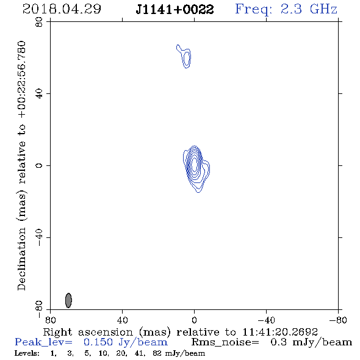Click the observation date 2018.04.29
click(x=62, y=9)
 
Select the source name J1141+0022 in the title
click(x=175, y=10)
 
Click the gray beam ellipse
click(x=68, y=300)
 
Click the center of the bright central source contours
click(x=195, y=165)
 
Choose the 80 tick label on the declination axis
click(x=39, y=22)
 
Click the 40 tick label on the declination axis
click(x=39, y=94)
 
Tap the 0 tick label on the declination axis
click(x=39, y=165)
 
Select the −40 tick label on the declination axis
click(x=39, y=237)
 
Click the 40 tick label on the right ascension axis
click(x=122, y=320)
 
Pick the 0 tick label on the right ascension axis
click(x=194, y=320)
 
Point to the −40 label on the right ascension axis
click(x=266, y=320)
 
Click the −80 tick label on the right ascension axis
click(x=338, y=320)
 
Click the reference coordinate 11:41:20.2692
click(x=280, y=332)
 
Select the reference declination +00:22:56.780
click(x=22, y=80)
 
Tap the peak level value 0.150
click(x=98, y=342)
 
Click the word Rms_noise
click(x=225, y=342)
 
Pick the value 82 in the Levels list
click(x=157, y=353)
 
